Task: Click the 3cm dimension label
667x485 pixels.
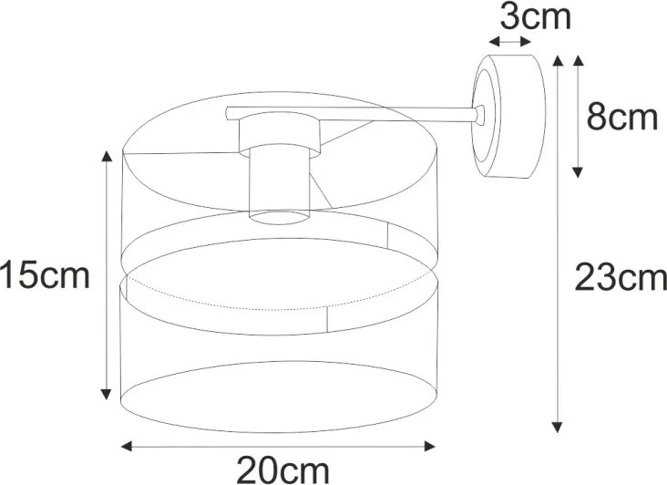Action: tap(535, 17)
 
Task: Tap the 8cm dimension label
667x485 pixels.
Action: tap(622, 118)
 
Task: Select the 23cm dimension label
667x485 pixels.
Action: tap(621, 278)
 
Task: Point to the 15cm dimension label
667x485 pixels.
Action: tap(45, 274)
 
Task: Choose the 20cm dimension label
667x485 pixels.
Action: tap(282, 470)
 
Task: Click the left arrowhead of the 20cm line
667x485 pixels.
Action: tap(127, 447)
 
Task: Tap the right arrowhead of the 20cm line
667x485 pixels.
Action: tap(430, 447)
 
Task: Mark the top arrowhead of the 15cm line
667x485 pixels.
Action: tap(107, 156)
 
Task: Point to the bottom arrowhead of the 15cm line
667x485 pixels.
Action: tap(107, 395)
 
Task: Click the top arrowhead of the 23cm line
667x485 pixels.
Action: tap(558, 60)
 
